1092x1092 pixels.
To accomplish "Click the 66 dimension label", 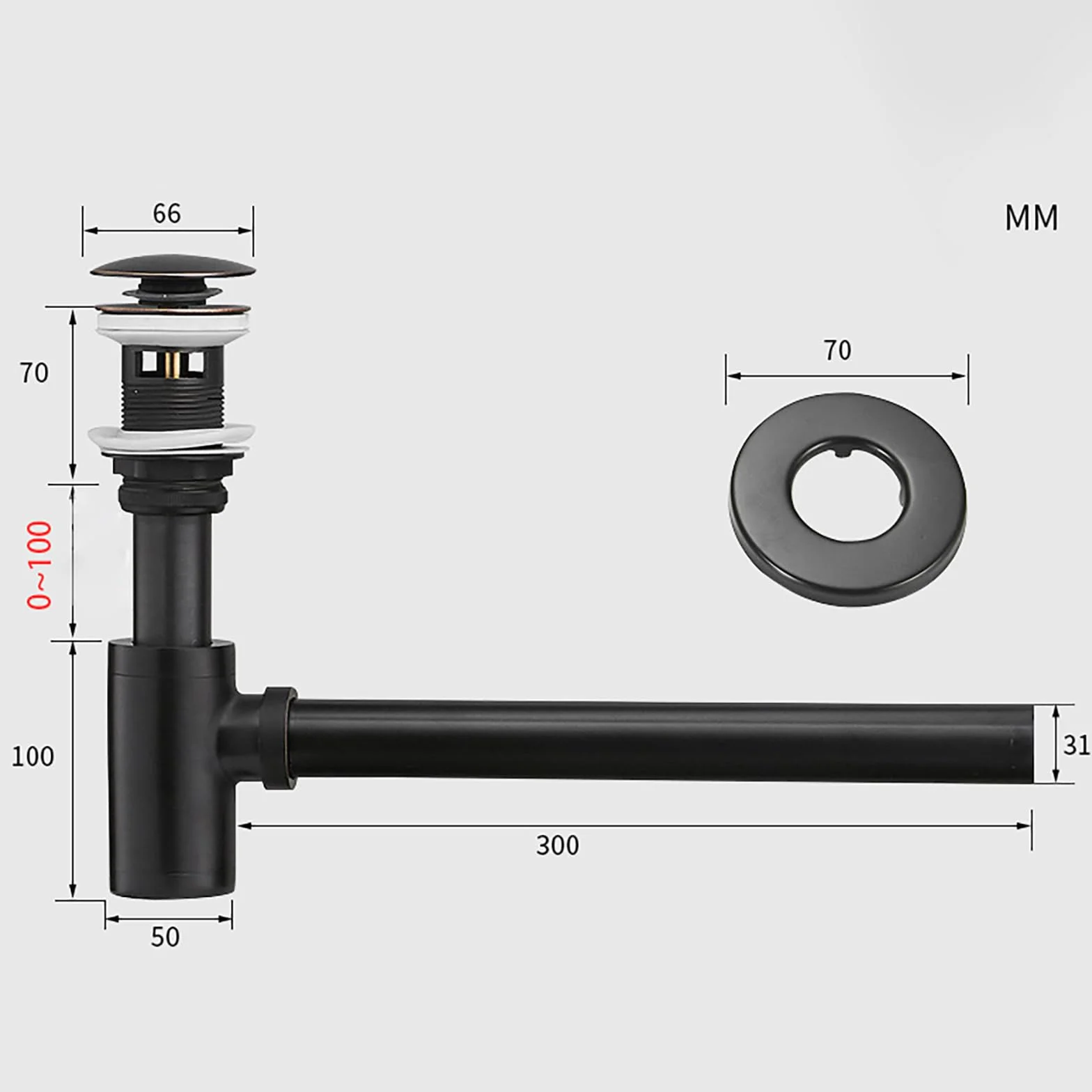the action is [x=167, y=213].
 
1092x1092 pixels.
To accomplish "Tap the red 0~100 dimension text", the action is [x=40, y=565].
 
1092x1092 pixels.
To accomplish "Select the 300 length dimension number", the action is [x=557, y=845].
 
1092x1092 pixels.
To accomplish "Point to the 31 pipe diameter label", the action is [x=1077, y=745].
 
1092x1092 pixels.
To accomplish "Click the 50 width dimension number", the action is [x=165, y=937].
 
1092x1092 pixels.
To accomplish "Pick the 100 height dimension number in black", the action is [x=32, y=756].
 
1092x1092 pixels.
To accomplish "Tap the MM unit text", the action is [x=1031, y=218].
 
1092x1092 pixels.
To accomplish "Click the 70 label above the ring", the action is [x=837, y=350].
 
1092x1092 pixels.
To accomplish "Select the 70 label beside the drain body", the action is [x=34, y=373].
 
